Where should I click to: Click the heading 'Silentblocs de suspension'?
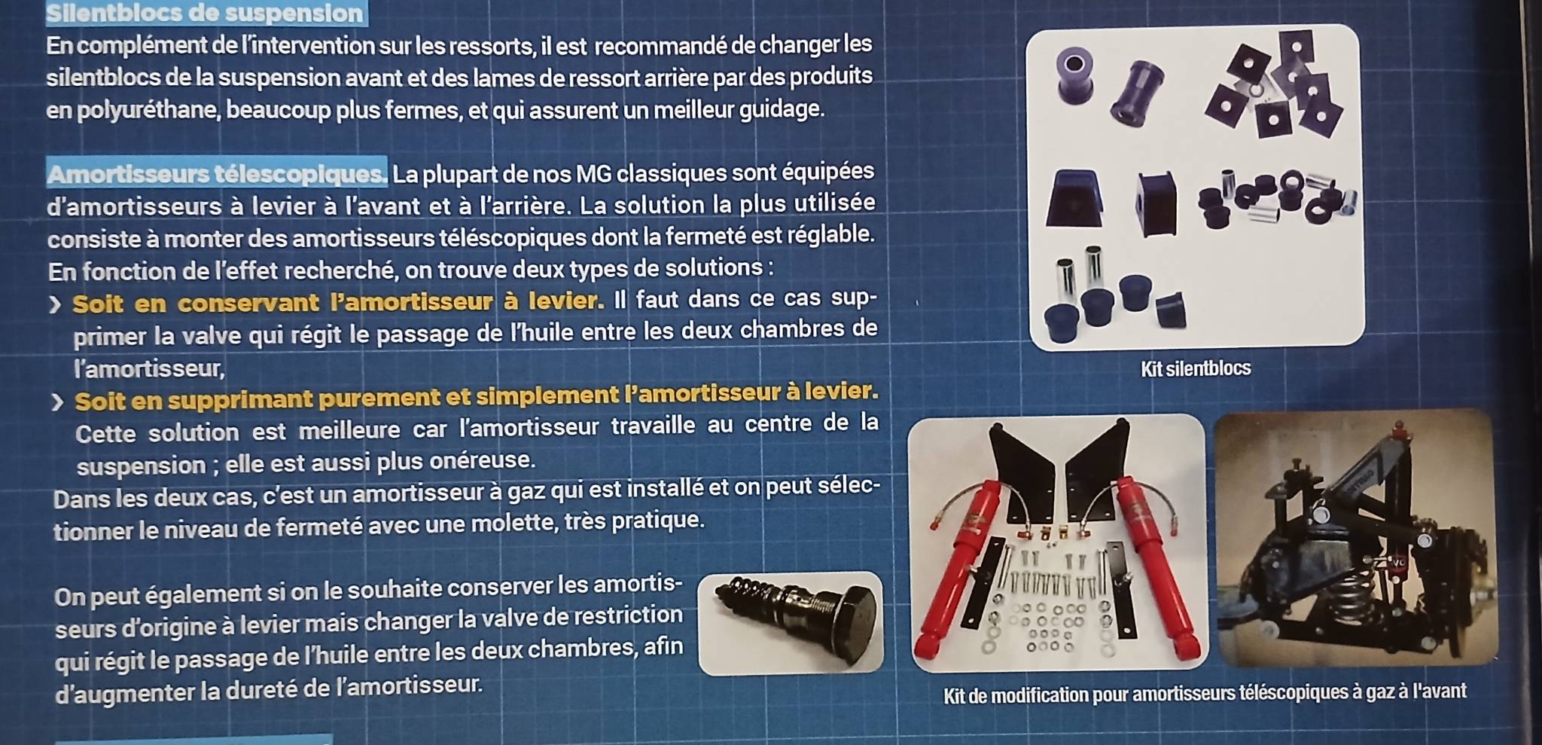[205, 13]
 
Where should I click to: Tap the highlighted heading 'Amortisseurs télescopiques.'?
[217, 173]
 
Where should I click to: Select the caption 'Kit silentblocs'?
[1196, 368]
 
